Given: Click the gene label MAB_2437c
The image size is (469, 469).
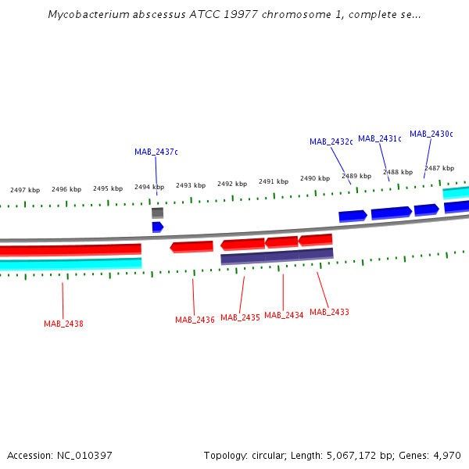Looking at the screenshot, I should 156,152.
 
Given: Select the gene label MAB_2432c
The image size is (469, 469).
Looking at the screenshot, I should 331,141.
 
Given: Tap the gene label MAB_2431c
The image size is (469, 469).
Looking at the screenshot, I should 379,138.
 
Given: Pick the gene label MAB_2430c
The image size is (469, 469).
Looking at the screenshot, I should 431,134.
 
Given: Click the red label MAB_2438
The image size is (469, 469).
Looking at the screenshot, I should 63,324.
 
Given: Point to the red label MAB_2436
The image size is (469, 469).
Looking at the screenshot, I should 195,320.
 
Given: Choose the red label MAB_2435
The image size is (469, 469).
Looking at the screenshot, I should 240,317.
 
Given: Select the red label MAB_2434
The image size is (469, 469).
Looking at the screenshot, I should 284,315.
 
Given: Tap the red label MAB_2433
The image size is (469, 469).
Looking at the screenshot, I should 329,312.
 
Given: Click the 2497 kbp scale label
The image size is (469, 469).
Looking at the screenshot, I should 25,190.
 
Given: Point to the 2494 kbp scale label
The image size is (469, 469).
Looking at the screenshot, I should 149,187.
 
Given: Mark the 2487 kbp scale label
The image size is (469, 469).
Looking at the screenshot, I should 439,168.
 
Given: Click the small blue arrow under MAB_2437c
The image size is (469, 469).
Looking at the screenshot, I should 157,227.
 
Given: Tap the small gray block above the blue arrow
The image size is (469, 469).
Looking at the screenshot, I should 157,213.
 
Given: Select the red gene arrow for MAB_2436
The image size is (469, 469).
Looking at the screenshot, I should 192,247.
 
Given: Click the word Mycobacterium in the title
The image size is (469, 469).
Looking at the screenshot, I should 85,14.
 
